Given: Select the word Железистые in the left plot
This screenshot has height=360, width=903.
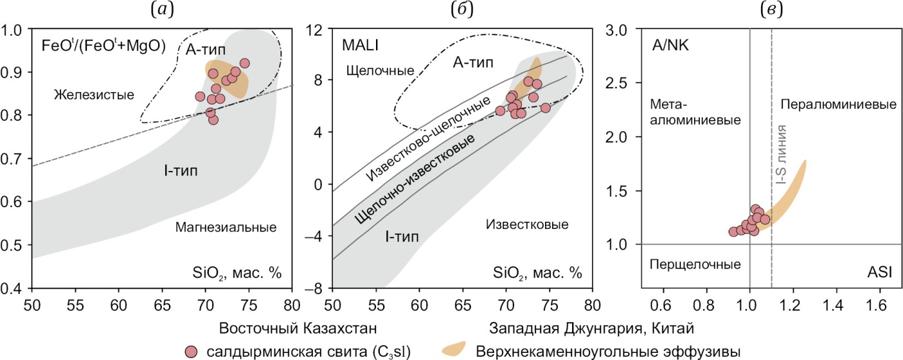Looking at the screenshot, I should coord(94,95).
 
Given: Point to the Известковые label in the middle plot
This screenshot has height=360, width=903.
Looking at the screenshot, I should coord(527,225).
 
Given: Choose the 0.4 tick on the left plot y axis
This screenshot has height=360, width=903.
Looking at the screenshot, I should coord(14,288).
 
